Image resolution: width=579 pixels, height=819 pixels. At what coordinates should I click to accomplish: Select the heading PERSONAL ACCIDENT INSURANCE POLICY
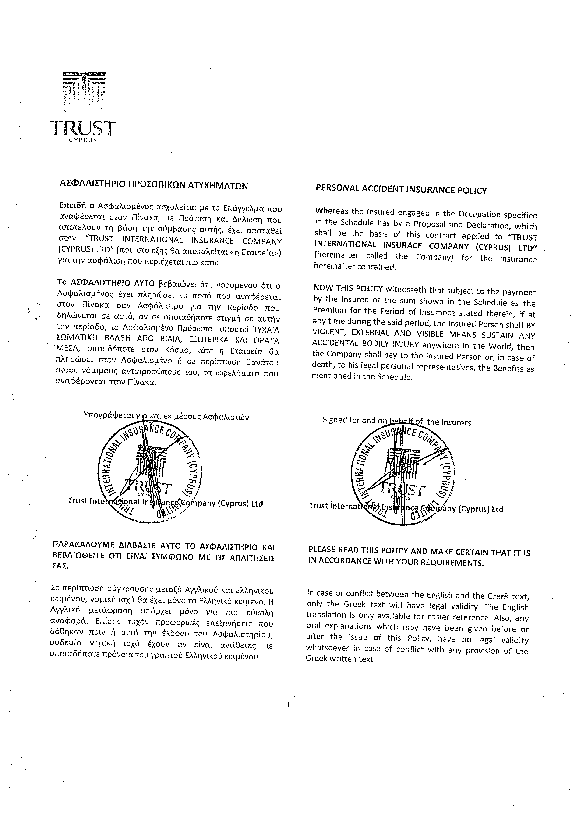(401, 190)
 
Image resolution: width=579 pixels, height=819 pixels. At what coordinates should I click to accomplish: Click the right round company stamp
(403, 476)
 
